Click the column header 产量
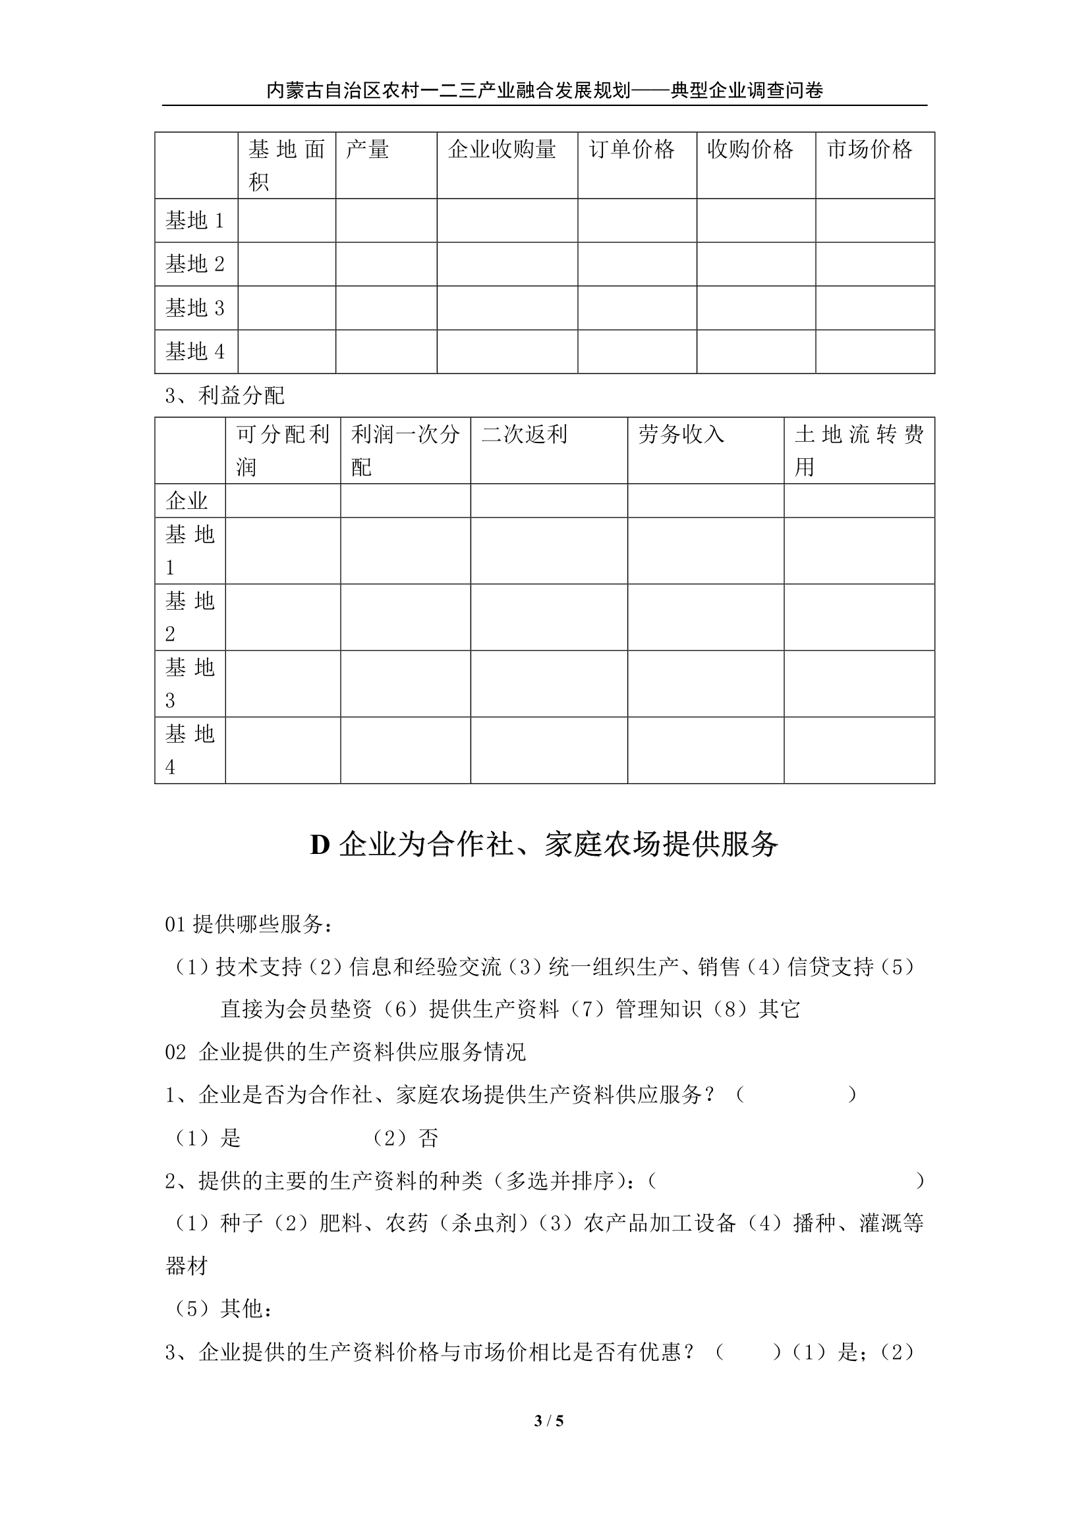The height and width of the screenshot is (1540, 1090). click(x=367, y=149)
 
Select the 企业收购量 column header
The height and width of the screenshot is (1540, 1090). click(x=502, y=149)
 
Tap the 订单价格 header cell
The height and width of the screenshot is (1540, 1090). click(x=631, y=149)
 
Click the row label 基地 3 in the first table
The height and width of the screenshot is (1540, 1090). click(x=194, y=308)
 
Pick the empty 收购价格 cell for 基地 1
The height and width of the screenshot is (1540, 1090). click(x=756, y=220)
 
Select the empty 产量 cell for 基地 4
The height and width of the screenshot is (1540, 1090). click(x=386, y=352)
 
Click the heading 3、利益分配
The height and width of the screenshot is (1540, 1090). click(x=225, y=396)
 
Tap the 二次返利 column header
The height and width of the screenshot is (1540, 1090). click(x=524, y=435)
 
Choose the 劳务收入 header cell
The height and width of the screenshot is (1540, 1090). click(x=681, y=435)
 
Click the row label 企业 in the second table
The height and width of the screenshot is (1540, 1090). click(x=186, y=500)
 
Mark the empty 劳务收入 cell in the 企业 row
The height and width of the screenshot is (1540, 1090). click(x=705, y=500)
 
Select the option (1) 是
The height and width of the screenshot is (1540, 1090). click(x=208, y=1138)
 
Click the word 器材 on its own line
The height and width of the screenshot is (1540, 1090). click(x=186, y=1265)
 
